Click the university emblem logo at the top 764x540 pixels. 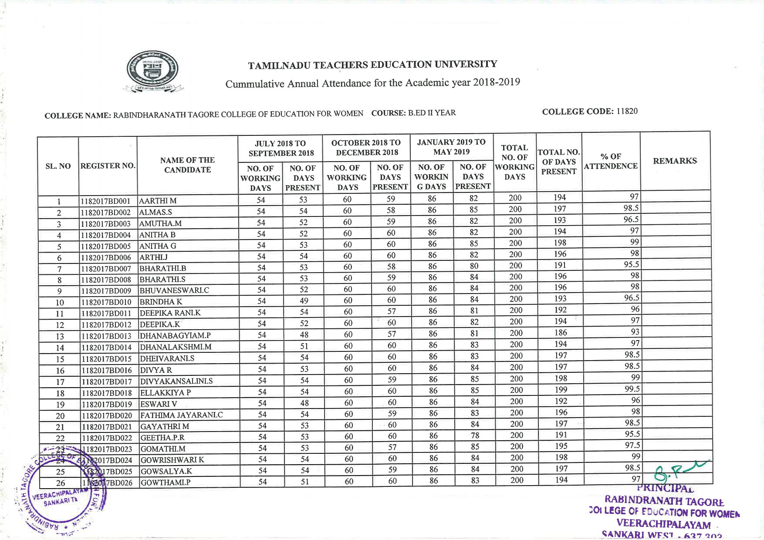click(x=152, y=71)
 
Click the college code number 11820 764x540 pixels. click(x=627, y=111)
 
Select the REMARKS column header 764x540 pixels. click(x=675, y=161)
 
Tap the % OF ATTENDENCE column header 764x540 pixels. click(x=611, y=161)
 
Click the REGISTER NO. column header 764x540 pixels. click(x=108, y=166)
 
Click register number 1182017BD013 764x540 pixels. click(x=106, y=336)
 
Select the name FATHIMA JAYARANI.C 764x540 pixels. click(x=181, y=415)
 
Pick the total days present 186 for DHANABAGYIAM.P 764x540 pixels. click(x=561, y=333)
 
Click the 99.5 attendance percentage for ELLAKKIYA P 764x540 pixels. click(x=632, y=389)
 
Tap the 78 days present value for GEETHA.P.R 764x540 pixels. click(x=475, y=435)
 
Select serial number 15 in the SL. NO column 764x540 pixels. click(x=60, y=359)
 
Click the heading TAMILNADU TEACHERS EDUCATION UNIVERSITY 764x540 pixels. click(x=372, y=65)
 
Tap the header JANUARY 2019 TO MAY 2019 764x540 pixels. click(x=451, y=147)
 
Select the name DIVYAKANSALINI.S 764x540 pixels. click(x=176, y=381)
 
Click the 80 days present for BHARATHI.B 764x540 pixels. click(x=474, y=266)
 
